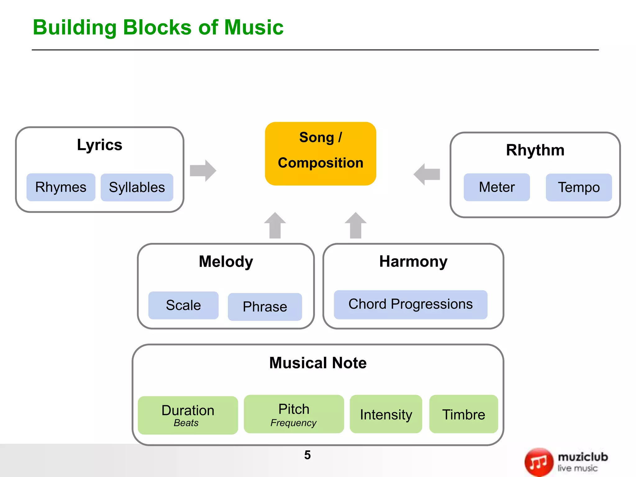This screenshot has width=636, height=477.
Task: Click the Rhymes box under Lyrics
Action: click(x=61, y=187)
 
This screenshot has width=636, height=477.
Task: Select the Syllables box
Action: click(x=137, y=187)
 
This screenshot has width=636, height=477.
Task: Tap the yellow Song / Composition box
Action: click(x=320, y=154)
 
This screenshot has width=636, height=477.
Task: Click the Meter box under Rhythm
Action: click(x=497, y=187)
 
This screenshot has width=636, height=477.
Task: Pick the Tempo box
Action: click(x=579, y=187)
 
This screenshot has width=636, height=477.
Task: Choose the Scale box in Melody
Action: click(x=183, y=305)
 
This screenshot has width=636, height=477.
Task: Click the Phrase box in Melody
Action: click(x=265, y=307)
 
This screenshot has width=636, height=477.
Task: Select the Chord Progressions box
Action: click(x=411, y=305)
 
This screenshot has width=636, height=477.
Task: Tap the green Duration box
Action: click(x=188, y=415)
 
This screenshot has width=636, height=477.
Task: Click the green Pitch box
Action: click(x=294, y=414)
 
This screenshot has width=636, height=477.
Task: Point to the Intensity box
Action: click(x=386, y=414)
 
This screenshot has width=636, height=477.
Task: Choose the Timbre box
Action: click(x=464, y=414)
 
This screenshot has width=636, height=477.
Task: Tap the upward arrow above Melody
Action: click(x=275, y=225)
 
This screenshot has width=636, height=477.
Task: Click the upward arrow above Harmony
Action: click(x=356, y=225)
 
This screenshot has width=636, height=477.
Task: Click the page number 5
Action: click(x=307, y=455)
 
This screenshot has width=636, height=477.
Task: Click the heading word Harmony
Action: click(x=413, y=261)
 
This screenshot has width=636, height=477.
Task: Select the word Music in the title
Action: click(x=254, y=27)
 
